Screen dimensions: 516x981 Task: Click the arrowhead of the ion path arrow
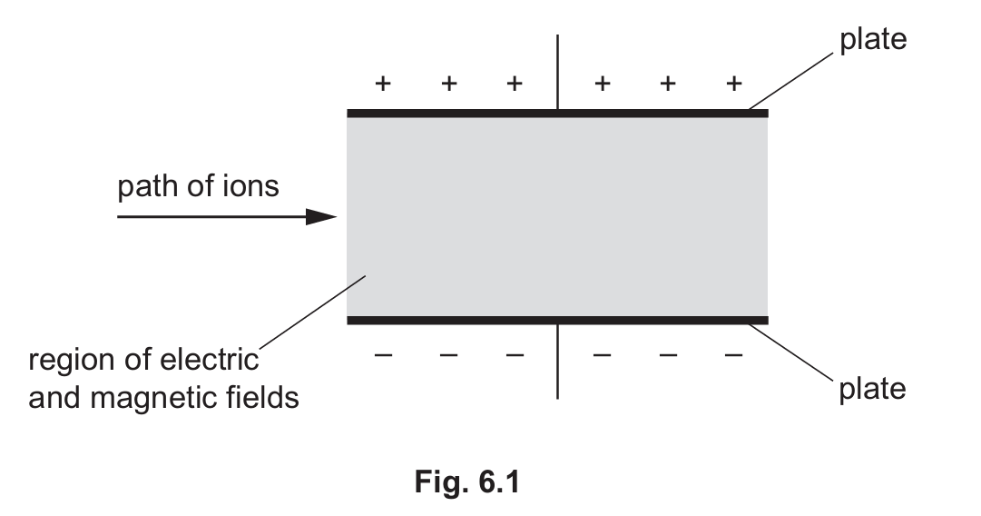pos(321,217)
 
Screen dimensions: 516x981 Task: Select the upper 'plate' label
pos(872,40)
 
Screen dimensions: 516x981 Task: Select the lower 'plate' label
pos(872,389)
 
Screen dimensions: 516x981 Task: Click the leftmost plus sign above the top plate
pos(383,84)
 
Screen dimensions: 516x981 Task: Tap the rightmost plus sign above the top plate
pos(734,84)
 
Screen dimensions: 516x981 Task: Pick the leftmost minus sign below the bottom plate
pos(383,354)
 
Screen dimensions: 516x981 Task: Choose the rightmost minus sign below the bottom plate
pos(734,354)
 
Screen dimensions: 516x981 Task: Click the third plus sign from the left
pos(515,84)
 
